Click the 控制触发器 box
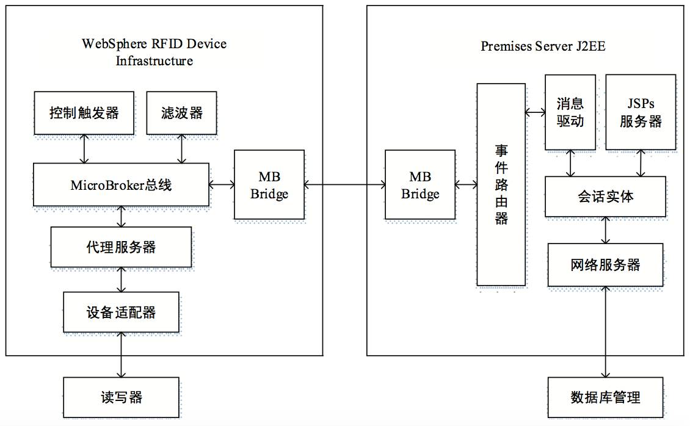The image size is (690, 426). (84, 113)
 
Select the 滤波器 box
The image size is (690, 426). (183, 113)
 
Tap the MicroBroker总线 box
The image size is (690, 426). (121, 184)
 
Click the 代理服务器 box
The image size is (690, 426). (121, 247)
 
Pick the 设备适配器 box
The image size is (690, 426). (121, 312)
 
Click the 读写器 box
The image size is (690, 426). (121, 397)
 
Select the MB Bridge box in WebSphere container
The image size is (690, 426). (269, 185)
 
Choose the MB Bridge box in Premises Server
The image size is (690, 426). (420, 185)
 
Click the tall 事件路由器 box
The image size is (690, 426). (501, 184)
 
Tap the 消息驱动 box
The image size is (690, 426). (570, 112)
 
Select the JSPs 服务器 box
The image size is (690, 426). (641, 112)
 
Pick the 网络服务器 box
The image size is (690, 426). (605, 265)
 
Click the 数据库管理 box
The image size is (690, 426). (605, 397)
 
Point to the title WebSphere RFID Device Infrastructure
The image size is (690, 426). (154, 52)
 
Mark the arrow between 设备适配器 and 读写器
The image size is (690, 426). (121, 355)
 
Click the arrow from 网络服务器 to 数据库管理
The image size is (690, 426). (605, 332)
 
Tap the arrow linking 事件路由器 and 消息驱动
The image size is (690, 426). (535, 112)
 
